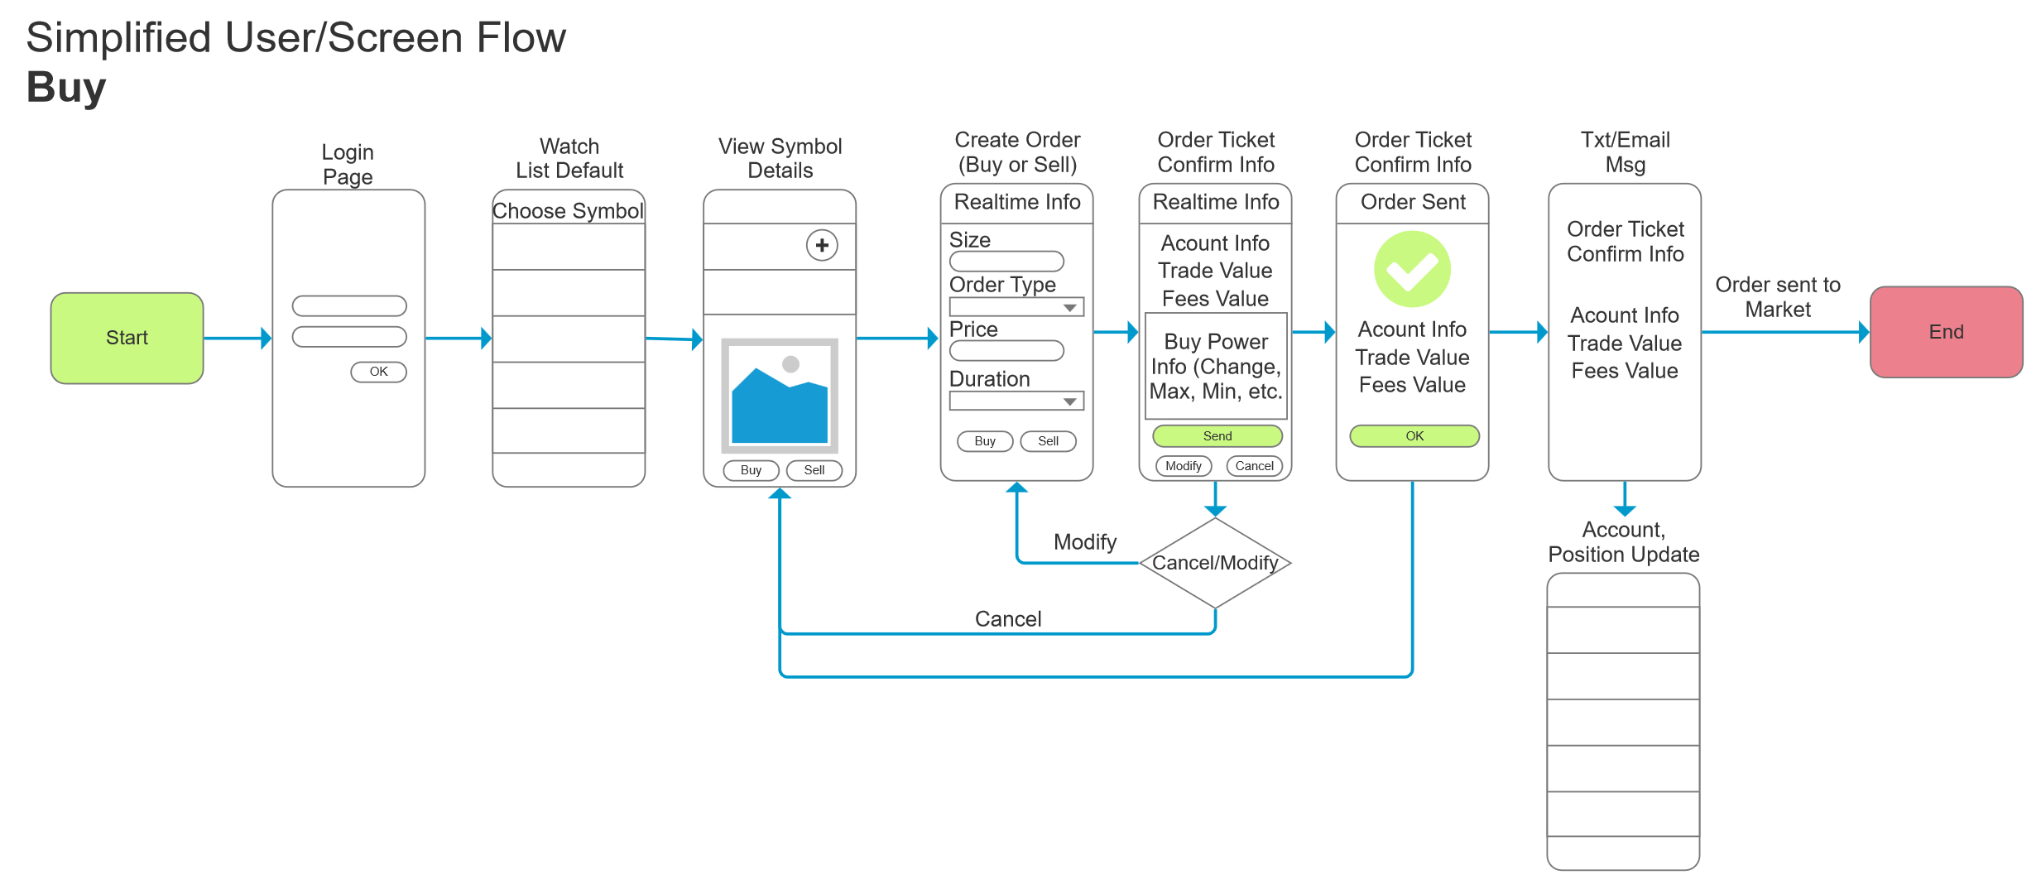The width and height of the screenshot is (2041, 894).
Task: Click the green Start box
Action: pos(127,338)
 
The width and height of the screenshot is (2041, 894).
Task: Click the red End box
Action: pos(1946,332)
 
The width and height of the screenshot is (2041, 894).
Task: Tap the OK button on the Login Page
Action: pos(378,372)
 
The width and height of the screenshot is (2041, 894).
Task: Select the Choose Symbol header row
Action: pos(568,210)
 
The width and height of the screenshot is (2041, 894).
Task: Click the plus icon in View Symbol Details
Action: pos(822,245)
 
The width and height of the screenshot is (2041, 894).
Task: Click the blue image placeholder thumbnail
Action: pos(780,395)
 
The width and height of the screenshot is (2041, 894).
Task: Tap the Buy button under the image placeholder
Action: pos(751,470)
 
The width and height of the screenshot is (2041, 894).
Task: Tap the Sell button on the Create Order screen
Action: pos(1048,441)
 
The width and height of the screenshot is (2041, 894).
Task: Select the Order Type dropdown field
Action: pos(1016,307)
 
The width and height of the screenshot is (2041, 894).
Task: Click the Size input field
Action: pos(1006,262)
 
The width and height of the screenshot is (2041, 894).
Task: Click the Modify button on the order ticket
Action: pos(1184,466)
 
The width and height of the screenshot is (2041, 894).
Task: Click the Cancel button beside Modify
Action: pos(1254,466)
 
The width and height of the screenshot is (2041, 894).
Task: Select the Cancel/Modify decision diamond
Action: pos(1215,563)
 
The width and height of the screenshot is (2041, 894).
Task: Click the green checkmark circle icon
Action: pos(1412,269)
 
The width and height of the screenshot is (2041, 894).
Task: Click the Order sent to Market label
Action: pos(1778,296)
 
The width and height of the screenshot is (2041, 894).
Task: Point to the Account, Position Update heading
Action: pos(1623,541)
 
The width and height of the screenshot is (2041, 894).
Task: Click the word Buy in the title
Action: pos(66,87)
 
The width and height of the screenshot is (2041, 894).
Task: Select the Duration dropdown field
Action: pos(1016,401)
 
